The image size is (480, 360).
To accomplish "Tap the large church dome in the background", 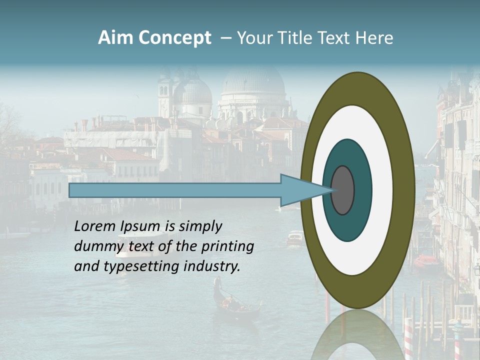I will [253, 80].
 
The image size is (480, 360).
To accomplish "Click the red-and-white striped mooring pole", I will [409, 340].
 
